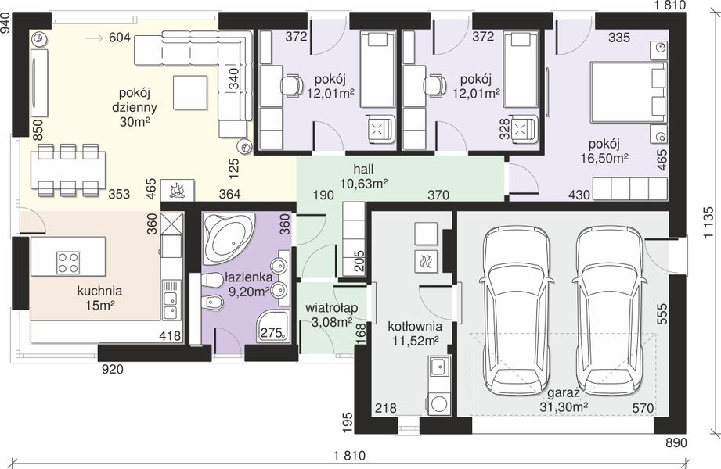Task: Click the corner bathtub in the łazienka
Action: [229, 238]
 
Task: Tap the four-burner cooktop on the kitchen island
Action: [68, 263]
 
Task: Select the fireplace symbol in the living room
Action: [177, 190]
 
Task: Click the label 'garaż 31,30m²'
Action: [565, 399]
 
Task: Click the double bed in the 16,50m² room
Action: [629, 93]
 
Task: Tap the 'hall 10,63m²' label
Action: [363, 176]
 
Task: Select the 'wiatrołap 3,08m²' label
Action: [331, 315]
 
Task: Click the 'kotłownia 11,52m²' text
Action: [415, 334]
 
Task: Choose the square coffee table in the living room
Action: [190, 92]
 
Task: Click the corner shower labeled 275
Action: [273, 326]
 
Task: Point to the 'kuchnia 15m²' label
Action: [99, 298]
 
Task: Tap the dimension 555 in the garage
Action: [662, 314]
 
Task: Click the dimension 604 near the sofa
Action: [120, 38]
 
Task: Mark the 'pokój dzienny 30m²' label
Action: [135, 107]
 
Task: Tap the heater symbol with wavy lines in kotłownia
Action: [426, 262]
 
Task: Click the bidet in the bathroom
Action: [213, 303]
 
